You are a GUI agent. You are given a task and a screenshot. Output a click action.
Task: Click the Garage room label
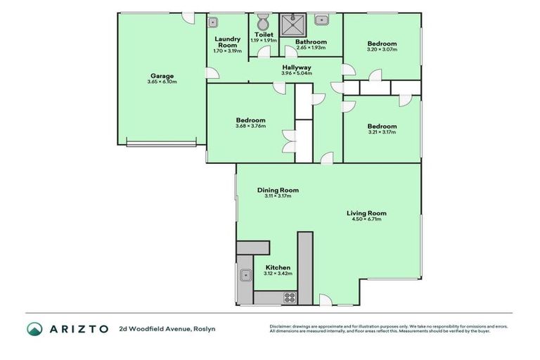tap(161, 76)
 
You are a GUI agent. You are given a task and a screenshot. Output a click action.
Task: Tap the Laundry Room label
tap(229, 42)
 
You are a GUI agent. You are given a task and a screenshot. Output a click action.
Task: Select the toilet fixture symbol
tap(264, 20)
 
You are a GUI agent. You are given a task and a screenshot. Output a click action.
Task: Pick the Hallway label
tap(297, 67)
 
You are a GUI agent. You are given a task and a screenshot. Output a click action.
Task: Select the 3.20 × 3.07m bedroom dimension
tap(382, 50)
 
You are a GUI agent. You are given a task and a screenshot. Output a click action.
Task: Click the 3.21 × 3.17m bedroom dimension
tap(381, 132)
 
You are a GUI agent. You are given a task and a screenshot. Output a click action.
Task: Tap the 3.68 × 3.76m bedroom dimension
tap(250, 127)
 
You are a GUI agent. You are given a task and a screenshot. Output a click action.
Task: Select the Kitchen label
tap(277, 267)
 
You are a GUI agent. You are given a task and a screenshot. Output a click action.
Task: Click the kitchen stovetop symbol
tap(289, 298)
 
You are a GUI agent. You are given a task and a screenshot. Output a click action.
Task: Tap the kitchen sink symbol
tap(245, 276)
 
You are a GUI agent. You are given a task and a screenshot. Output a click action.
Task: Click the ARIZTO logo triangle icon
tap(34, 328)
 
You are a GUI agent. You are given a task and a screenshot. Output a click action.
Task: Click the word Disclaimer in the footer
tap(283, 326)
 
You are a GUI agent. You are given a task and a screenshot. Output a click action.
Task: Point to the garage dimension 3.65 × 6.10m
tap(162, 82)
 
